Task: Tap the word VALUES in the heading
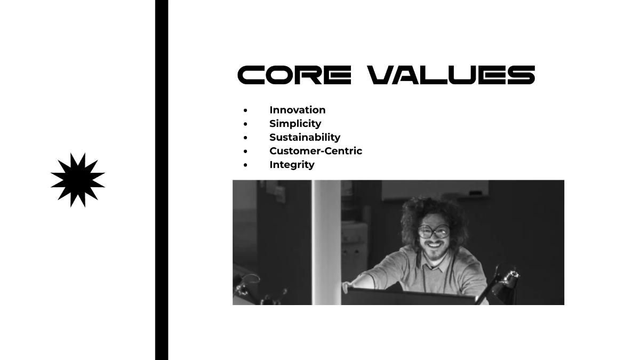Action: click(x=452, y=75)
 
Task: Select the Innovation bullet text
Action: click(x=297, y=110)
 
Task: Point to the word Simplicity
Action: click(x=295, y=124)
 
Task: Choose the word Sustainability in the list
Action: click(x=305, y=137)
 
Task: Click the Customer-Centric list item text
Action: click(x=316, y=151)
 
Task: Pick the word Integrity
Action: click(x=292, y=164)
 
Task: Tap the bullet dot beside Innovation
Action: click(x=245, y=110)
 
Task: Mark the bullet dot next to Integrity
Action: click(x=245, y=165)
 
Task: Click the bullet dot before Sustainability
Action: click(x=245, y=138)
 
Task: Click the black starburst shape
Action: click(x=78, y=180)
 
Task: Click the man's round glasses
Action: click(x=433, y=231)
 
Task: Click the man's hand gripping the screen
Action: click(x=348, y=286)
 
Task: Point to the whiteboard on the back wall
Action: click(x=435, y=189)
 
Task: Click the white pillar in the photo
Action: click(x=326, y=235)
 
